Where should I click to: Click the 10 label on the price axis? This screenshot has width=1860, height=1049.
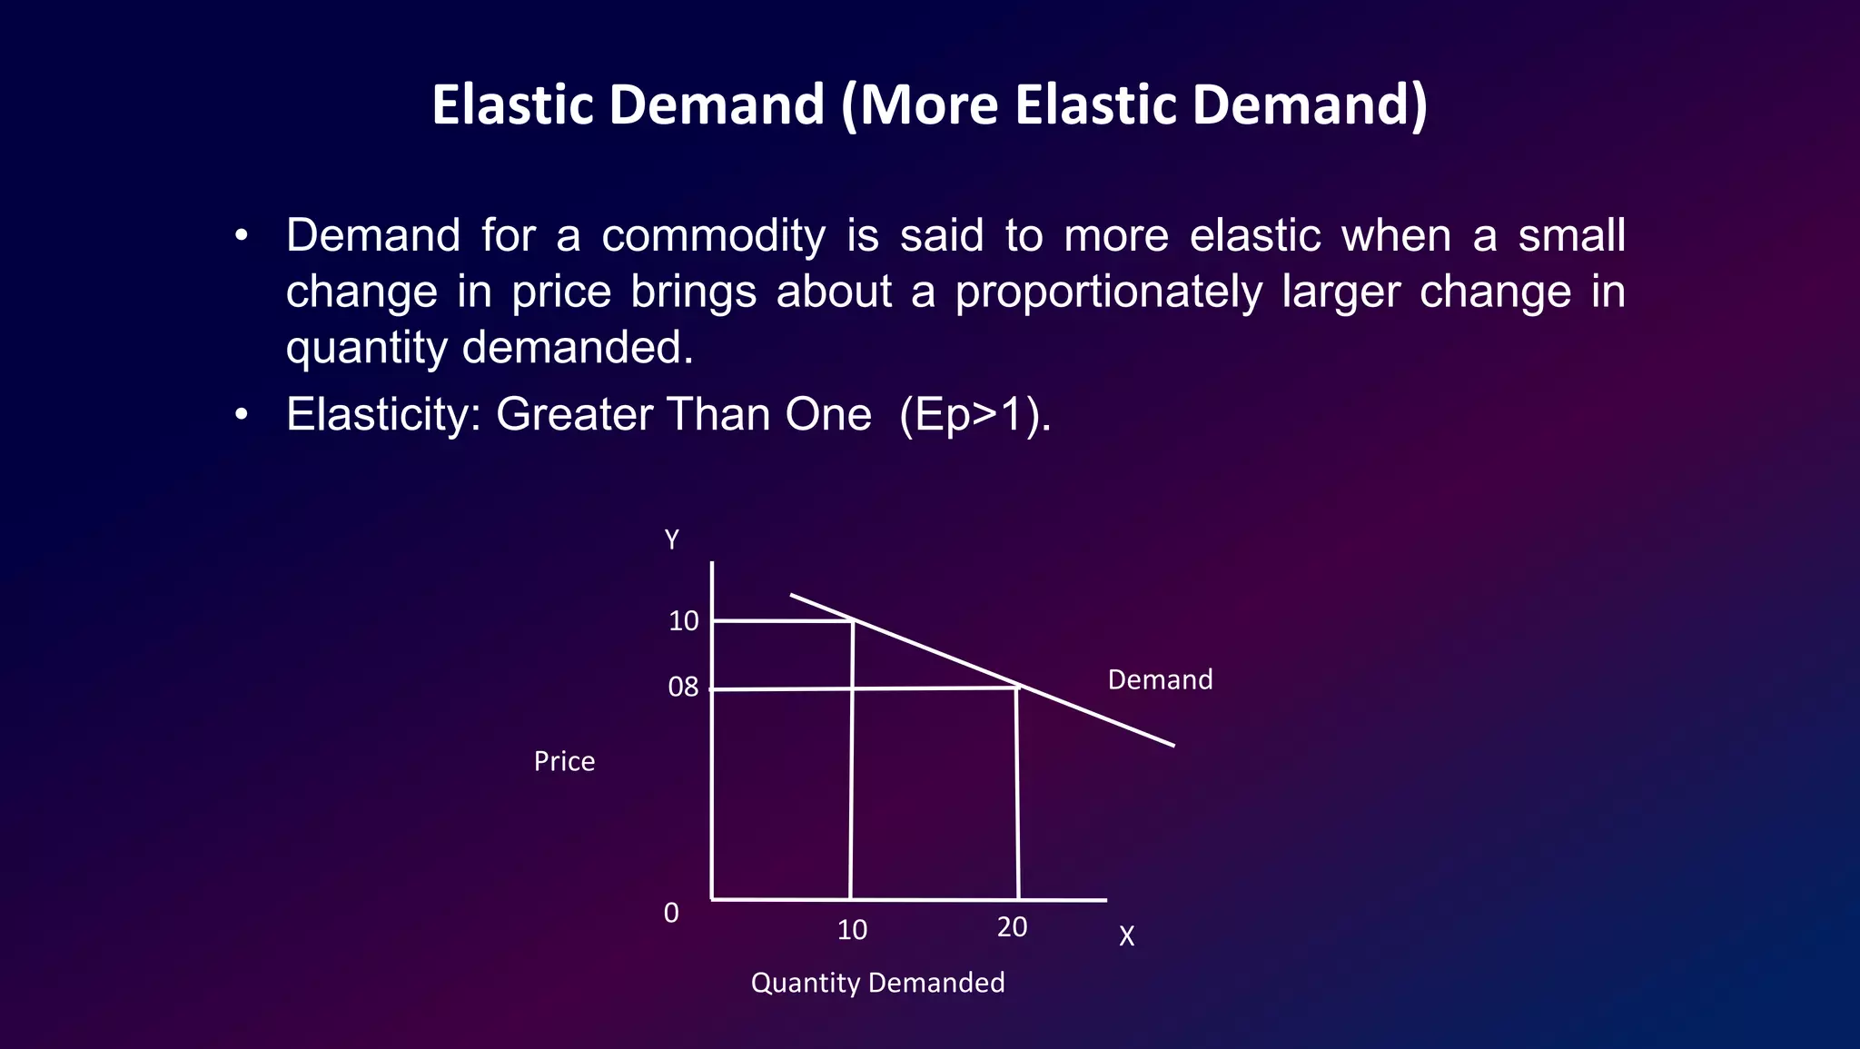coord(683,621)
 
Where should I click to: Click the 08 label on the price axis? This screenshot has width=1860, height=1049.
coord(683,688)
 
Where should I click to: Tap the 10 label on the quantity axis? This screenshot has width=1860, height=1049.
coord(852,930)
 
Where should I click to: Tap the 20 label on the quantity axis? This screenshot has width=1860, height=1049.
coord(1012,927)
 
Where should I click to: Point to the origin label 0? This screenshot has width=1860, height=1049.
coord(671,913)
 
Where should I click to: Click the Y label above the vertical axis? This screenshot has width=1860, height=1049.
coord(672,540)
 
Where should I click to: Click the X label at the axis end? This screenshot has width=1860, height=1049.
coord(1126,936)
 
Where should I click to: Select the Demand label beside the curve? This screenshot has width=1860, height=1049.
coord(1160,680)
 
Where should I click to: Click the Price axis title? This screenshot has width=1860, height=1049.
coord(564,761)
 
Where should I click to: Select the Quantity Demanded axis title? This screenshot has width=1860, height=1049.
coord(877,983)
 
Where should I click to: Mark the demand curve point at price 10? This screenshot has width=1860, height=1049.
coord(853,621)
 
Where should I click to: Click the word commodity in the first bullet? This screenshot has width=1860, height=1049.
coord(713,236)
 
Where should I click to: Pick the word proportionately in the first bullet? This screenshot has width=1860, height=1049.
coord(1108,292)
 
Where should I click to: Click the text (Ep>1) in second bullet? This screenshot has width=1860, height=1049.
coord(974,415)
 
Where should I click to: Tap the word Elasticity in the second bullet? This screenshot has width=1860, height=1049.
coord(381,415)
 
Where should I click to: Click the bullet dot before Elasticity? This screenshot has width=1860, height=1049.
coord(241,415)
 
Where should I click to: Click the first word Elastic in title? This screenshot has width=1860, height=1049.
coord(512,104)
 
